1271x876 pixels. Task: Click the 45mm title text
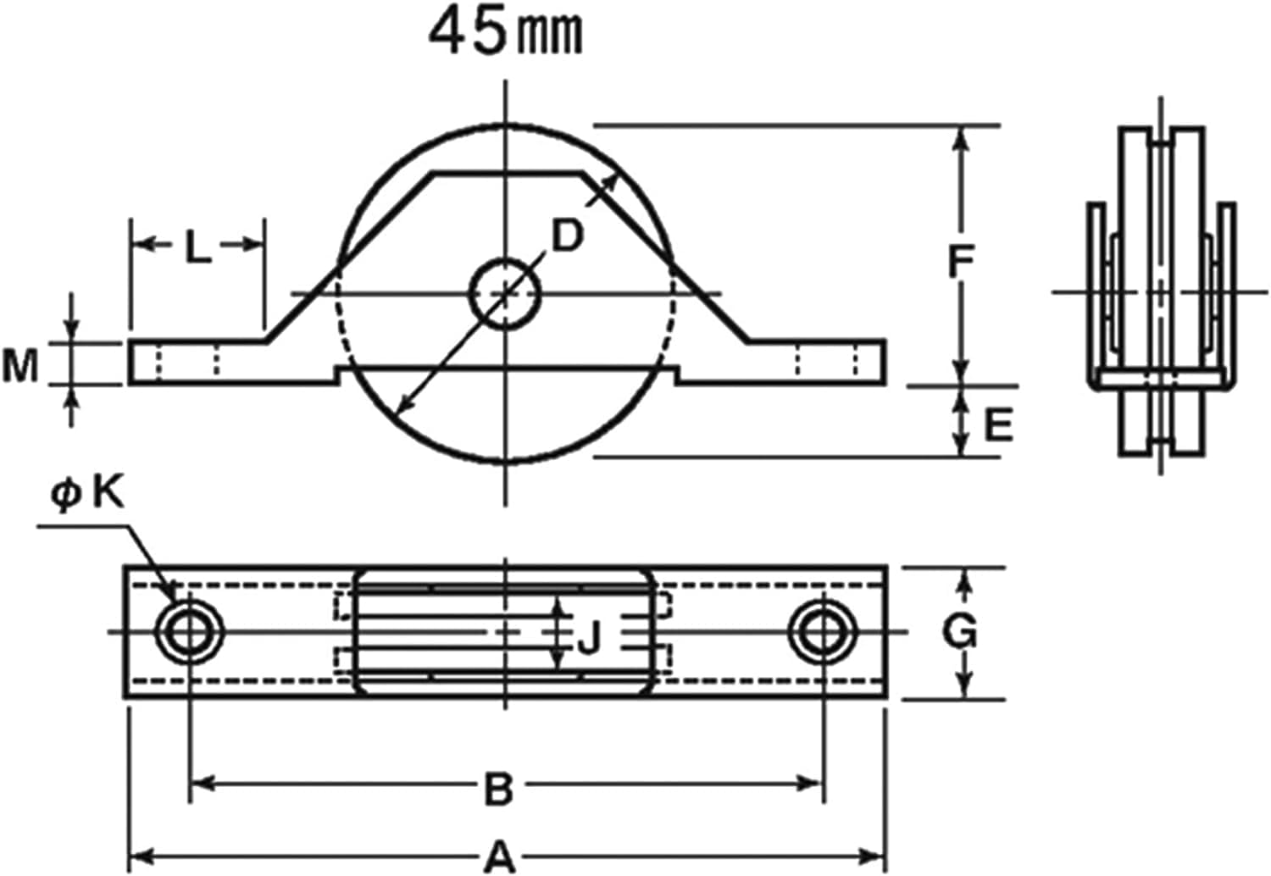coord(506,35)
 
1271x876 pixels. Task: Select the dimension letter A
coord(500,857)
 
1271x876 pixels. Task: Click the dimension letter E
coord(998,425)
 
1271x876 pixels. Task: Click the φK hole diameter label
coord(87,494)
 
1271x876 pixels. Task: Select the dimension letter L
coord(197,248)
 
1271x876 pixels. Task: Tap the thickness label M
coord(20,367)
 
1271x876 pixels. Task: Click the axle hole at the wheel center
coord(505,294)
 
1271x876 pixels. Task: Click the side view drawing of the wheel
coord(1161,292)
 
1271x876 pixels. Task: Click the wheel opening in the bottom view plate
coord(505,632)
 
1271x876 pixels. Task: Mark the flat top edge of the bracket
coord(507,174)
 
